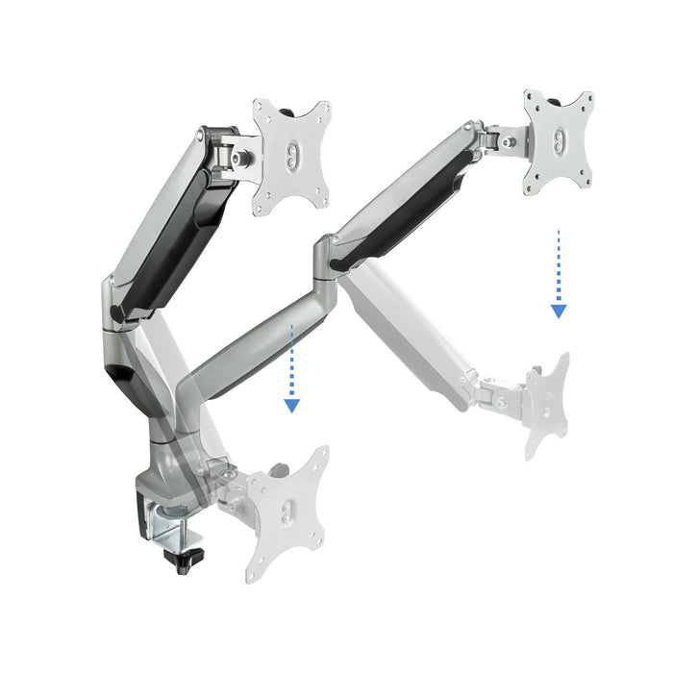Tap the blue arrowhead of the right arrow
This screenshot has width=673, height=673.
pyautogui.click(x=559, y=311)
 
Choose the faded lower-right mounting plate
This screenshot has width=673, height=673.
pyautogui.click(x=546, y=404)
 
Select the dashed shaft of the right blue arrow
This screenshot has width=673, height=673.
pyautogui.click(x=559, y=264)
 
